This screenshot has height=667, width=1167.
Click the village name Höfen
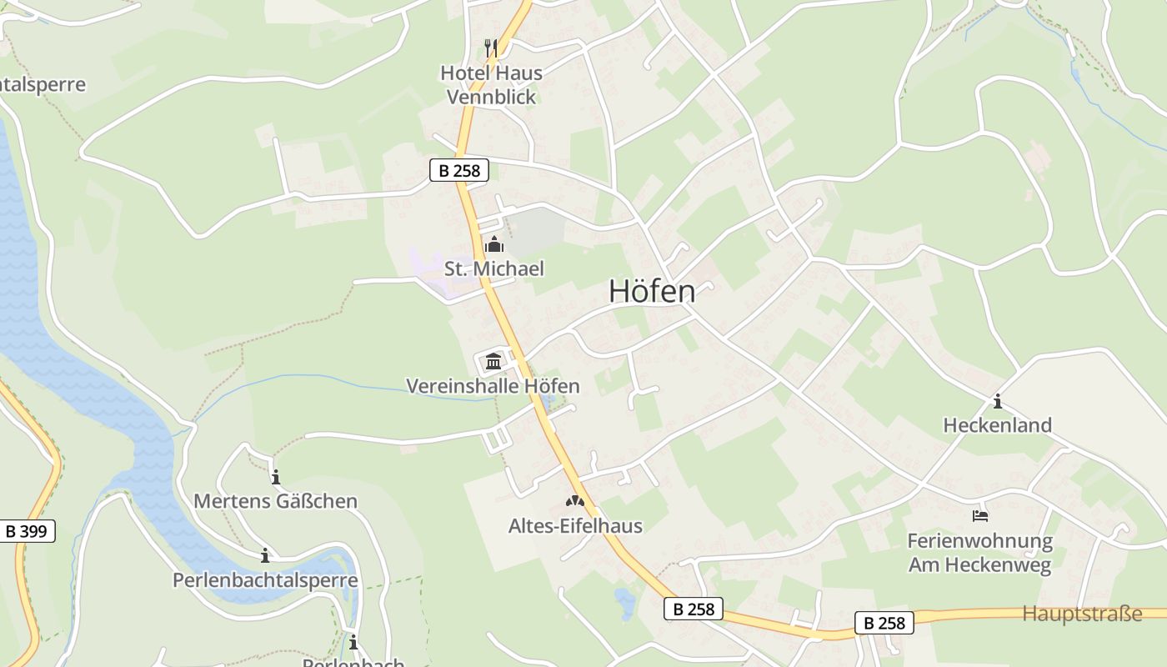652,291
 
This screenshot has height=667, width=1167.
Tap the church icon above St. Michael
493,245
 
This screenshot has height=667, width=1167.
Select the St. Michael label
493,268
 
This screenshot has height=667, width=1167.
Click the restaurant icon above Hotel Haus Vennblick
491,48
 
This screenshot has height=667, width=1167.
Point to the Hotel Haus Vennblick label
492,84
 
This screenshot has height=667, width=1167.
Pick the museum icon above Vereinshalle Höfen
493,362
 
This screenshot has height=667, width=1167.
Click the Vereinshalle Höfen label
493,386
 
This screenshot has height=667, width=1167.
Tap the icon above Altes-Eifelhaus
575,501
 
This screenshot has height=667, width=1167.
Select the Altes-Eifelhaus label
575,525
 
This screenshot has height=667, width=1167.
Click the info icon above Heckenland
997,401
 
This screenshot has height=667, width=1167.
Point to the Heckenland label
997,425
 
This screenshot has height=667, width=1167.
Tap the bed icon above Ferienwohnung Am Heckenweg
980,516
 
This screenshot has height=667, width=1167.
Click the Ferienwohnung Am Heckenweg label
979,553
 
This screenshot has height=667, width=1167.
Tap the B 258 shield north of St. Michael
458,171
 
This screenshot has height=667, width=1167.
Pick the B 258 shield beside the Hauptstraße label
884,623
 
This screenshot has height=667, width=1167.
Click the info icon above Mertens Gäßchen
276,477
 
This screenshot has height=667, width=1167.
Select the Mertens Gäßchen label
275,501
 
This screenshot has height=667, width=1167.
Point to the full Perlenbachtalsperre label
265,580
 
